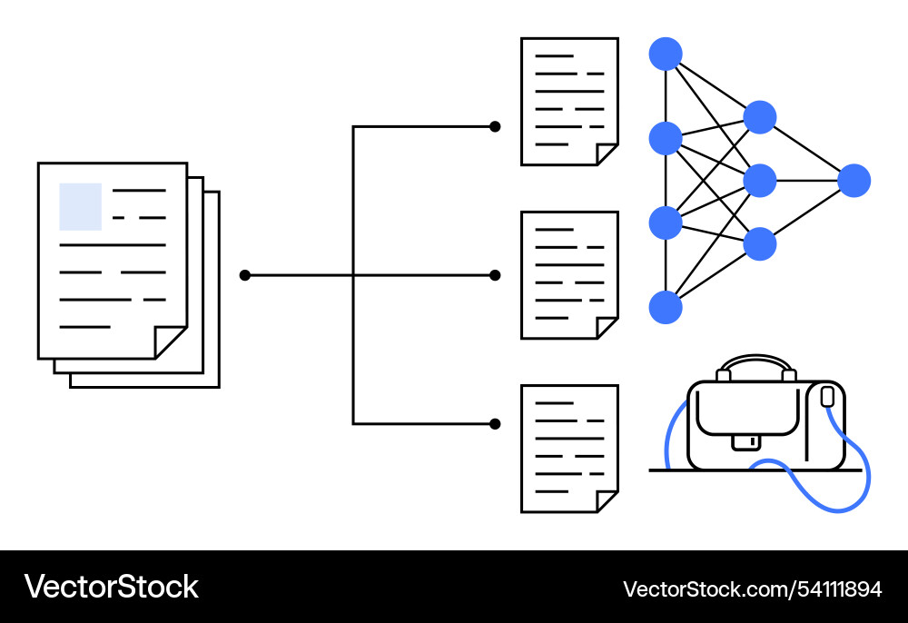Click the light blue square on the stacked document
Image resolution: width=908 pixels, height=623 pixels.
[81, 206]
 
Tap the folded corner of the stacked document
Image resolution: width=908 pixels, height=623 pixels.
[169, 342]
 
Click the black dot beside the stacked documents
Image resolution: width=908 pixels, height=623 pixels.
[244, 275]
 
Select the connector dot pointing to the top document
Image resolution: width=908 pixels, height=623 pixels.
[495, 126]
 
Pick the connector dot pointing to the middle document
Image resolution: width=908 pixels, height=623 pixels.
[495, 275]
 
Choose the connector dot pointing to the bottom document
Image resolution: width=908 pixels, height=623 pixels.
[495, 423]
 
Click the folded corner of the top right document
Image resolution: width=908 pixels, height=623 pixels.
[606, 154]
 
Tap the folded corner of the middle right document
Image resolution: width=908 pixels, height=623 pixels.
[606, 328]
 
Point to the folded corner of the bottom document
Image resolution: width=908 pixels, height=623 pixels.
[606, 501]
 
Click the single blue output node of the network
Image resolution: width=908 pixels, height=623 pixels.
[854, 181]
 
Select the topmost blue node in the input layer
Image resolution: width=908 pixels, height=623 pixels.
[666, 54]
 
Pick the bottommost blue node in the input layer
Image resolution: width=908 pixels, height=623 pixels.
[666, 307]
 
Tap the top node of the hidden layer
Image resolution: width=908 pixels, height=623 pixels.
[760, 117]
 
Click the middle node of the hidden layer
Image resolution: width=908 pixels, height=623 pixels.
[760, 181]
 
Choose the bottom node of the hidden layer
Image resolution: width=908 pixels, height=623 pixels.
[760, 243]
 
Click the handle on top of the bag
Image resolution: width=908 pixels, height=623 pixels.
[755, 361]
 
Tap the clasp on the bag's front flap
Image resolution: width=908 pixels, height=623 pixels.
[746, 441]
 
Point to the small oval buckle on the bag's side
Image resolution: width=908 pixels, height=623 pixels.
[826, 397]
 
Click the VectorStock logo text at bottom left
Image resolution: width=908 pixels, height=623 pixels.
[111, 587]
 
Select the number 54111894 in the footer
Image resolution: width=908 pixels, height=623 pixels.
[841, 589]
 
